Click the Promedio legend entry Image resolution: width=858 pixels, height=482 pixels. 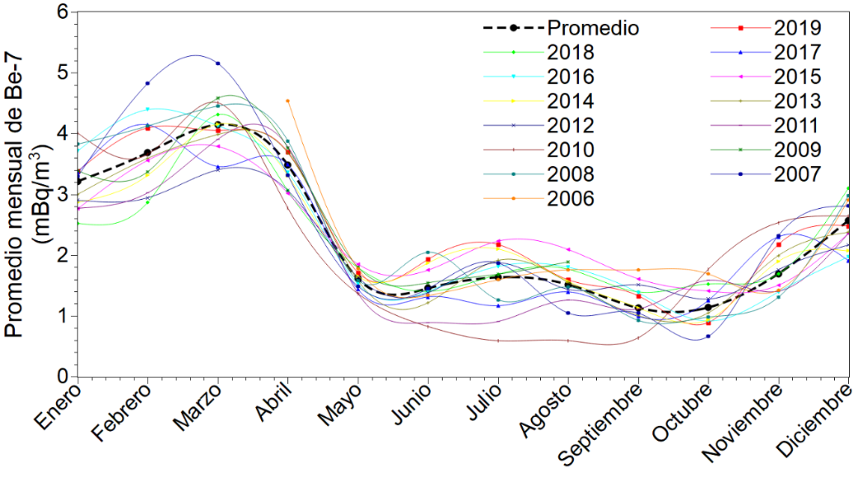click(x=592, y=28)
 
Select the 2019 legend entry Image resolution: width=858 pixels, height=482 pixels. click(x=798, y=28)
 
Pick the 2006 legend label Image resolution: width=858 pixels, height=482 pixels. click(x=570, y=198)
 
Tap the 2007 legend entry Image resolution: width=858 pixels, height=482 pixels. click(x=798, y=174)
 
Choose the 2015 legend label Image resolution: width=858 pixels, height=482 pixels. click(x=798, y=77)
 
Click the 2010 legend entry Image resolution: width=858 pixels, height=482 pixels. click(x=570, y=149)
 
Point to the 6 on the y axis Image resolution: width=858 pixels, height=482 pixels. click(x=61, y=12)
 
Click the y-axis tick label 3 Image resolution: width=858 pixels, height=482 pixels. click(x=61, y=194)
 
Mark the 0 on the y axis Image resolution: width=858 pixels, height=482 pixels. click(x=61, y=377)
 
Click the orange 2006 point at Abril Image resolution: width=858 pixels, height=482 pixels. click(x=287, y=101)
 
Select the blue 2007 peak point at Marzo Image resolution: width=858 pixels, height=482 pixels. click(x=218, y=63)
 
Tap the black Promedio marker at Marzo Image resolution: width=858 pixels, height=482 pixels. click(x=218, y=125)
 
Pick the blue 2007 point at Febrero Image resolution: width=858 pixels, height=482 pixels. click(x=147, y=83)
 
